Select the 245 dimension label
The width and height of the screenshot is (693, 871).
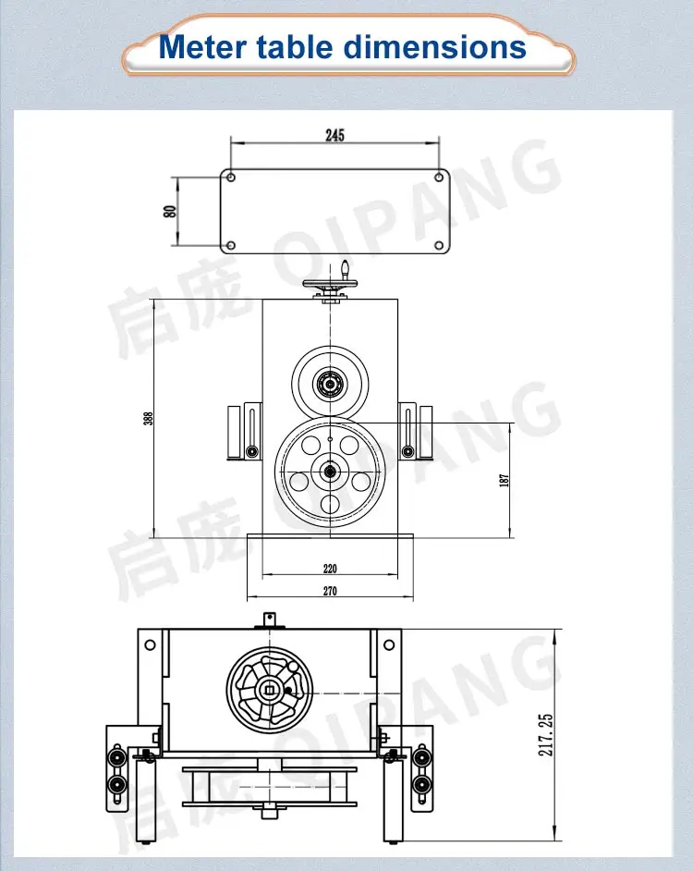[334, 135]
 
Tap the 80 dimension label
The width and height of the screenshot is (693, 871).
[169, 211]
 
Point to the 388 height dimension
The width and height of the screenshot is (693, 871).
[148, 418]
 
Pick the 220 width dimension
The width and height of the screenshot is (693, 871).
[330, 570]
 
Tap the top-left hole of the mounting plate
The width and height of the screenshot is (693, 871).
[231, 178]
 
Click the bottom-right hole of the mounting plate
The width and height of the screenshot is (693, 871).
[439, 245]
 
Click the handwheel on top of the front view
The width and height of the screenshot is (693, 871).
[330, 287]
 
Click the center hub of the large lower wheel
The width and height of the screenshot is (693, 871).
[330, 472]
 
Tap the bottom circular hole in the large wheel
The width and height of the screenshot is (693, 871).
[330, 504]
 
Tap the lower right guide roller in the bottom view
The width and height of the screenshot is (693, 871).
[422, 786]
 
